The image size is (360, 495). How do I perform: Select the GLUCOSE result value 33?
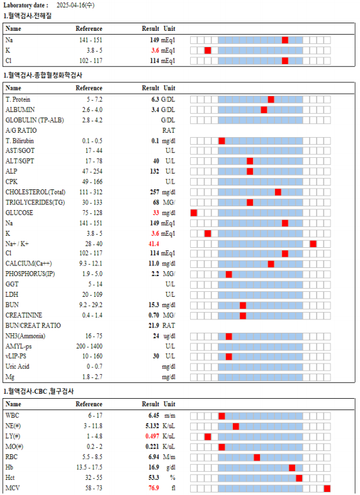155,213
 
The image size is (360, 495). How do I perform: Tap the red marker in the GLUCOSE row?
194,213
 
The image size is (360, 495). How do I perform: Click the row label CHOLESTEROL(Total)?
35,192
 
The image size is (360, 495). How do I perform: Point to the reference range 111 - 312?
91,192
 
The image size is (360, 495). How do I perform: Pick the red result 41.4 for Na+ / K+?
154,243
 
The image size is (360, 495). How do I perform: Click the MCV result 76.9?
154,488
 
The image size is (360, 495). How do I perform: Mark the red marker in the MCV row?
327,489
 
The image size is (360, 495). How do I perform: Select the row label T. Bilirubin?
20,141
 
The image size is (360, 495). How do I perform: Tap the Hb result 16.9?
154,467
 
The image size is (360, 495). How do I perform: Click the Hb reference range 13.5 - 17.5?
89,467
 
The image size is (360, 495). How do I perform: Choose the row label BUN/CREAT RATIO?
33,325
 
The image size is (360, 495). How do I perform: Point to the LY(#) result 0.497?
152,437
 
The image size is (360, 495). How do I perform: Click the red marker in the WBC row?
222,416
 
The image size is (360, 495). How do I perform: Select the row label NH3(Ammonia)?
25,336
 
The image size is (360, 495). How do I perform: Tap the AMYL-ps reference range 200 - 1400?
89,347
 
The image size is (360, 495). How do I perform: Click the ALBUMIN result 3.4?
155,110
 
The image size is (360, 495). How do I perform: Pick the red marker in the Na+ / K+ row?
313,244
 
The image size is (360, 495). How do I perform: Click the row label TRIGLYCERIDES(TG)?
35,203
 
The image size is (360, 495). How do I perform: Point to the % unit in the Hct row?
172,477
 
